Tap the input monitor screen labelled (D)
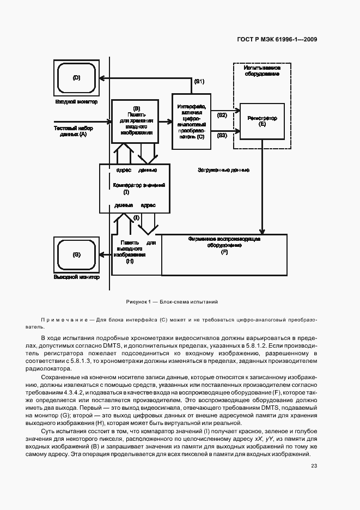[x=76, y=78]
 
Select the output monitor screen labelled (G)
[x=76, y=255]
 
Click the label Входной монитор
[x=76, y=102]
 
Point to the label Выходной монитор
[x=77, y=277]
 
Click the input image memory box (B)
[x=136, y=120]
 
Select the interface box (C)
[x=191, y=122]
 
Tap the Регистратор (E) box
[x=262, y=121]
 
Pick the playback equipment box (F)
[x=224, y=254]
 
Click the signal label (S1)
[x=199, y=81]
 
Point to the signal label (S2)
[x=222, y=115]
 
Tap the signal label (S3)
[x=222, y=135]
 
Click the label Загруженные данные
[x=223, y=170]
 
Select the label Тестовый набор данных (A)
[x=73, y=131]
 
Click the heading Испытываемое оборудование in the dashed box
[x=262, y=71]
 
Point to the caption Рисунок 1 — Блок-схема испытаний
[x=172, y=302]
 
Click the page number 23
[x=314, y=465]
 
